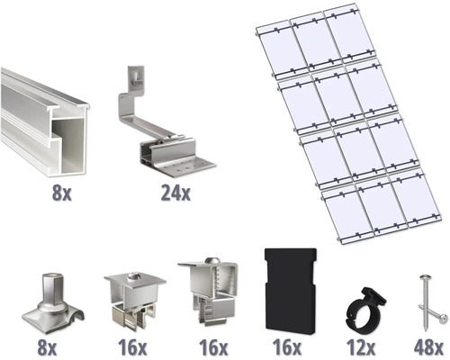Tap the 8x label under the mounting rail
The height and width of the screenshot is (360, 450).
click(x=62, y=193)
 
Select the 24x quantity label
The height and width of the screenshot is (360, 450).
click(x=175, y=193)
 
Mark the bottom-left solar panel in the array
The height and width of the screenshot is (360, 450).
click(x=348, y=217)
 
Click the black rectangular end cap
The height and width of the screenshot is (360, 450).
click(x=290, y=291)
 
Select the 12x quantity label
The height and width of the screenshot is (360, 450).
click(x=361, y=347)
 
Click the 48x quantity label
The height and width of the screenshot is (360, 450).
click(x=428, y=347)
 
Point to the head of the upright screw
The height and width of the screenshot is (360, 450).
click(x=424, y=276)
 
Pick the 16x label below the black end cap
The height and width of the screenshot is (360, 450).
click(x=287, y=347)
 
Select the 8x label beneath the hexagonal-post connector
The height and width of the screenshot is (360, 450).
click(x=47, y=347)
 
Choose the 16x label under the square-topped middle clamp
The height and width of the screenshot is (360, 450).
click(x=132, y=347)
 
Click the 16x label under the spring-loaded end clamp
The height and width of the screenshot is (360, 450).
click(x=213, y=347)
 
